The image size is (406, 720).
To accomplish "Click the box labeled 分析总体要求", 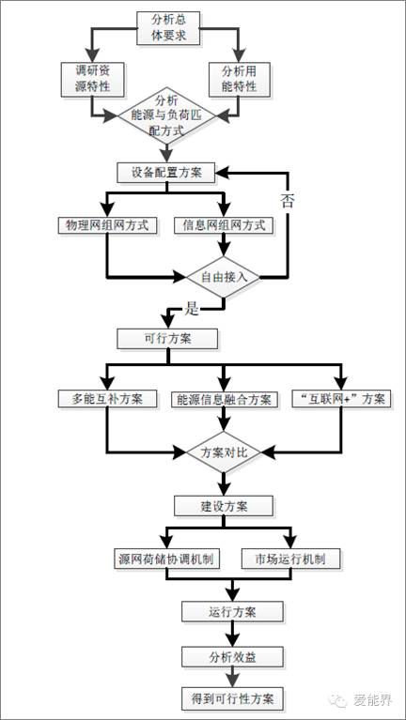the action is [169, 27].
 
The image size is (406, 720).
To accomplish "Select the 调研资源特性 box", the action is [93, 80].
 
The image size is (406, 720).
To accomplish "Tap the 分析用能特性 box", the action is [240, 80].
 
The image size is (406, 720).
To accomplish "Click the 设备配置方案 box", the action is [166, 173].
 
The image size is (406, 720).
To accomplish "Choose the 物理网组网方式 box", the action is [107, 225].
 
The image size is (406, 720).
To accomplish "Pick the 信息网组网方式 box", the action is [224, 225].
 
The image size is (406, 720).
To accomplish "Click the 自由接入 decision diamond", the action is [224, 277].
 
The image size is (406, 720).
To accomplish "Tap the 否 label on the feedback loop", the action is [288, 202].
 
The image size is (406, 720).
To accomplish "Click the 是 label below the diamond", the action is [191, 310].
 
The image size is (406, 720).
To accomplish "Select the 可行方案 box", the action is [167, 339].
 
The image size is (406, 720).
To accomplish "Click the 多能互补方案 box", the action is [107, 399].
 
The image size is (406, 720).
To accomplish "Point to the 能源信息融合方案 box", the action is [224, 399].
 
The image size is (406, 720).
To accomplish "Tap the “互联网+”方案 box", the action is [341, 399].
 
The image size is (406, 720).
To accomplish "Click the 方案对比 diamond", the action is [224, 452].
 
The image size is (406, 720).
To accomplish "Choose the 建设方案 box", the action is [224, 506].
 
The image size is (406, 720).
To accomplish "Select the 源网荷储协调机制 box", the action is [166, 559].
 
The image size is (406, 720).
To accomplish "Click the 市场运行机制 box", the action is [291, 559].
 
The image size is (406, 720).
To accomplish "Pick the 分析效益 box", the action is [232, 657].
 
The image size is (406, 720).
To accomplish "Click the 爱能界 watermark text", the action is [374, 700].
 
